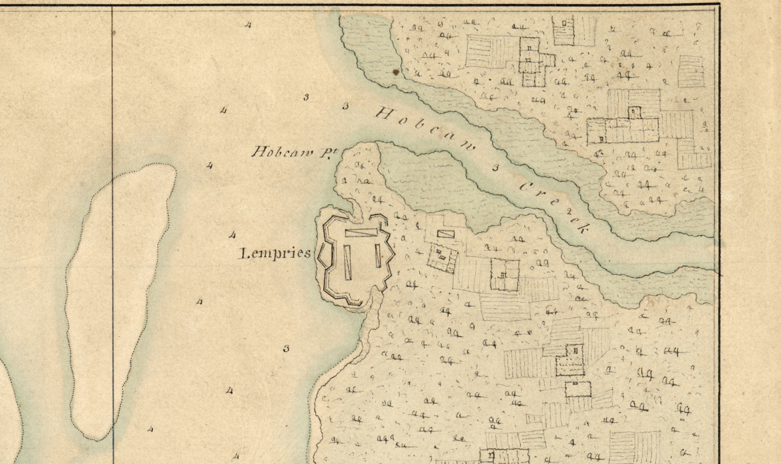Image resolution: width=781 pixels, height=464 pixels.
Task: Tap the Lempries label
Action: [275, 254]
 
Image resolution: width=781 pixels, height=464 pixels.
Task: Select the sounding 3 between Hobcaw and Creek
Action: [495, 168]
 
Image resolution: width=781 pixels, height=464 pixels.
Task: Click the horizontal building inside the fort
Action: [361, 232]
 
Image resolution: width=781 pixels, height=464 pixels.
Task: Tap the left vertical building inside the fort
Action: [347, 261]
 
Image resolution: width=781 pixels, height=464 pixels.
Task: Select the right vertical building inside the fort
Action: [378, 254]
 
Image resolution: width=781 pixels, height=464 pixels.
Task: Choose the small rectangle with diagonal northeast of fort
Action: [445, 233]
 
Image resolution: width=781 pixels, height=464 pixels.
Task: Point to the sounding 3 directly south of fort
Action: [286, 349]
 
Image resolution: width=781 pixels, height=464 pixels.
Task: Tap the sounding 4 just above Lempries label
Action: [232, 235]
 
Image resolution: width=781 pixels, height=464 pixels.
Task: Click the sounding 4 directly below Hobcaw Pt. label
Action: [209, 166]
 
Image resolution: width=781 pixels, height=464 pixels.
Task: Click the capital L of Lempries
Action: [242, 254]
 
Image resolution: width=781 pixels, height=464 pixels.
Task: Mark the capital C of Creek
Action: [525, 187]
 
